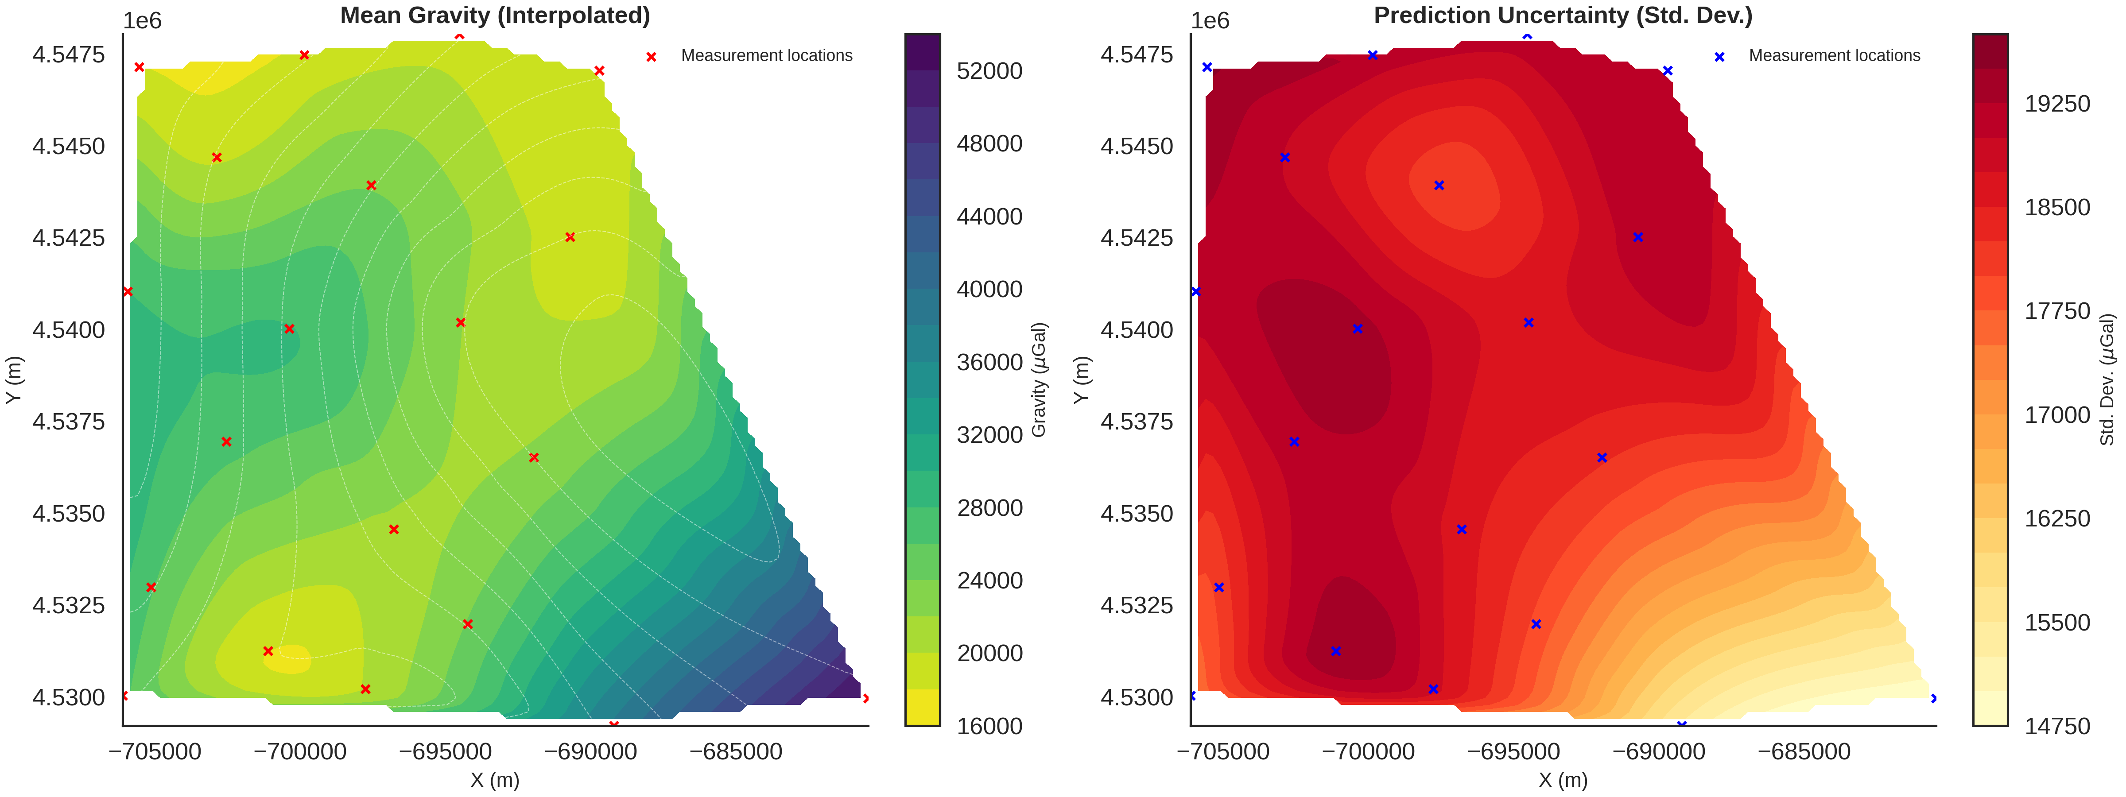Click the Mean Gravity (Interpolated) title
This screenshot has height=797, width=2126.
pos(495,15)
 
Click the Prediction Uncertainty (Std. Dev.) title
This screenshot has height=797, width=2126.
pos(1562,15)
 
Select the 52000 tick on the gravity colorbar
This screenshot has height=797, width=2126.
pos(989,71)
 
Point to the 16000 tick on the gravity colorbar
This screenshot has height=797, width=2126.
pos(989,726)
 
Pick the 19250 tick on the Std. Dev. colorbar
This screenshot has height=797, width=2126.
pos(2056,104)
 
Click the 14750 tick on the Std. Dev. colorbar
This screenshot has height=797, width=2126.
pos(2056,726)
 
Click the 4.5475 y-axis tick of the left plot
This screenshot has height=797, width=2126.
pos(69,54)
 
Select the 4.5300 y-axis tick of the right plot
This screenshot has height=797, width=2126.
pos(1137,697)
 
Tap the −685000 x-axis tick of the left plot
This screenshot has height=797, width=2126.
pos(736,752)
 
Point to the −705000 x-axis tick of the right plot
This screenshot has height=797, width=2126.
pos(1223,752)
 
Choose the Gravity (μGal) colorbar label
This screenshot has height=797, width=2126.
pos(1039,379)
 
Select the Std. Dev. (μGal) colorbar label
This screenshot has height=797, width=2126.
pos(2107,379)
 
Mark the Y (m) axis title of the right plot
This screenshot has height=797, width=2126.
pos(1082,379)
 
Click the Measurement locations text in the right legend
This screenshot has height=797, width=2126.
pos(1834,56)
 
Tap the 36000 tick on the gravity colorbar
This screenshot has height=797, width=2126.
pos(989,362)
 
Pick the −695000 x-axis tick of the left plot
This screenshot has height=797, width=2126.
pos(446,752)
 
